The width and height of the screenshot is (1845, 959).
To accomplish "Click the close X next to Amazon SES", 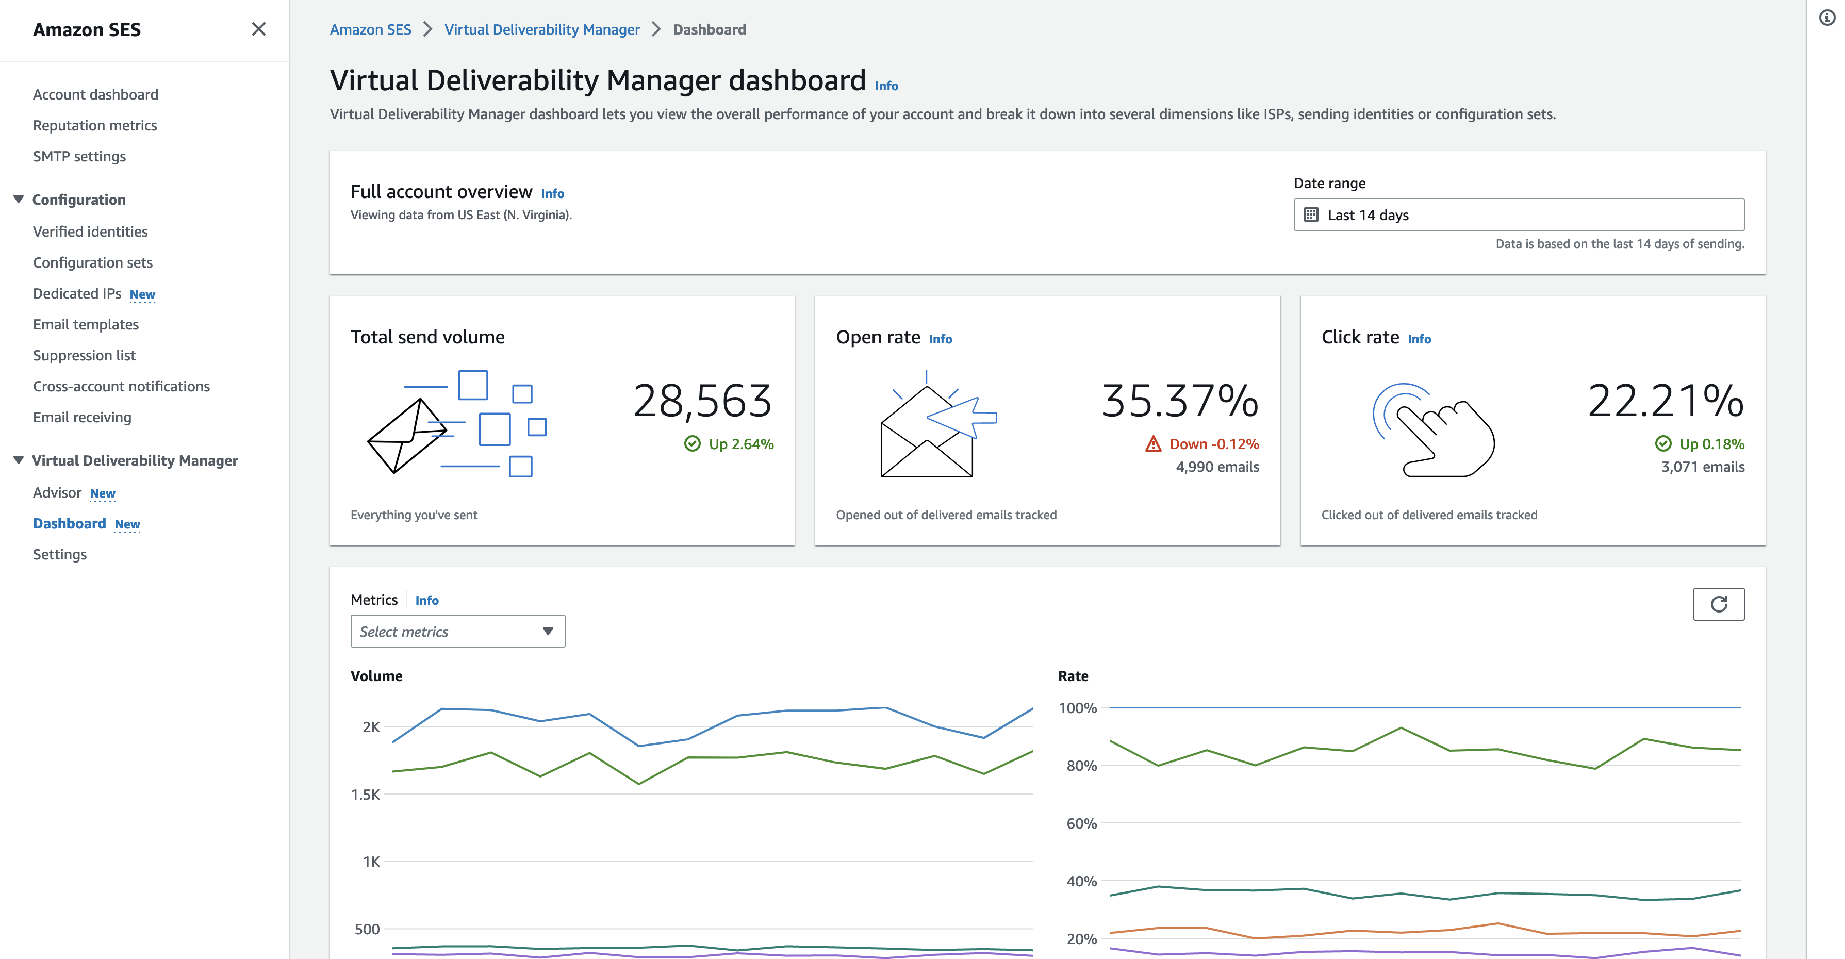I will [x=258, y=29].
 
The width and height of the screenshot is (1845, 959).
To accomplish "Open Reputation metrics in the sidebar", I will [x=94, y=125].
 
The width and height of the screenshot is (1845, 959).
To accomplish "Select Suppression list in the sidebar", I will [x=84, y=355].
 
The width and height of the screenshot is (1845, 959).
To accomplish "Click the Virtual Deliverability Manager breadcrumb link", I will [x=541, y=29].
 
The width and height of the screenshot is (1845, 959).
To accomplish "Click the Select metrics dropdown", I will [x=457, y=631].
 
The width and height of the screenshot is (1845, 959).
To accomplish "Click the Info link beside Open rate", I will [x=940, y=339].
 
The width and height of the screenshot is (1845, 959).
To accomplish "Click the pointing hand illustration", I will [x=1433, y=429].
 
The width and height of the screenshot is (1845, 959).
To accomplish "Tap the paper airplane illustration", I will [x=406, y=436].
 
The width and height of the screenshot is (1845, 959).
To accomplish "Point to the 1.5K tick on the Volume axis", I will [x=365, y=795].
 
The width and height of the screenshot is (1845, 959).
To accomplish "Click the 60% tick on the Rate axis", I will [x=1081, y=823].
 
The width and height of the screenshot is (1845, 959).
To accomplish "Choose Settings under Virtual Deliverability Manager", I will [x=59, y=554].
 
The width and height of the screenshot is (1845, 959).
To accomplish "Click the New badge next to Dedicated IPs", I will [x=142, y=294].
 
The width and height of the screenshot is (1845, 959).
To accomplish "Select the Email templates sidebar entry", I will [x=85, y=324].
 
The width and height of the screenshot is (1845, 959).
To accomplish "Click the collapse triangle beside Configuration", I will [x=19, y=199].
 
